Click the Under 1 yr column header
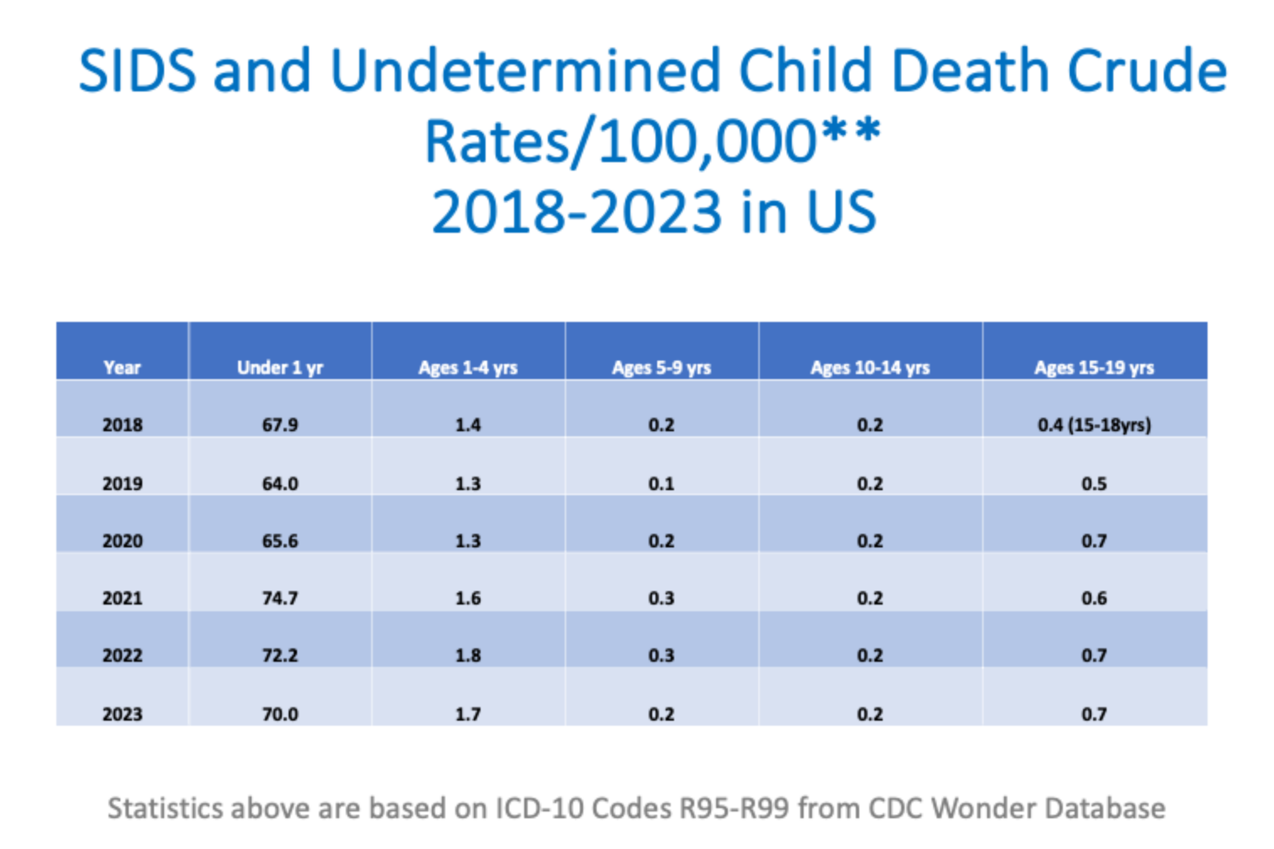(x=280, y=368)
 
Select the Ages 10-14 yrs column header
(x=870, y=368)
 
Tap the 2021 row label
(x=123, y=598)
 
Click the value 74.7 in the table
(x=280, y=598)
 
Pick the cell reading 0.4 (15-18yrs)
(x=1094, y=425)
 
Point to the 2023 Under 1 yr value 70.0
(x=280, y=713)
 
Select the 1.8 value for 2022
(x=468, y=655)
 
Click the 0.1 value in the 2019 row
(x=661, y=483)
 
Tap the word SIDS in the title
(x=137, y=71)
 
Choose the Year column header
(x=123, y=368)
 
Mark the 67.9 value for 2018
(x=280, y=425)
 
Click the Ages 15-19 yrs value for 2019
(x=1094, y=483)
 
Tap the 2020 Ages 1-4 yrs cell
(x=468, y=540)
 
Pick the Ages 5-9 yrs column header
(x=661, y=368)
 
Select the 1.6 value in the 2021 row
(x=468, y=598)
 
